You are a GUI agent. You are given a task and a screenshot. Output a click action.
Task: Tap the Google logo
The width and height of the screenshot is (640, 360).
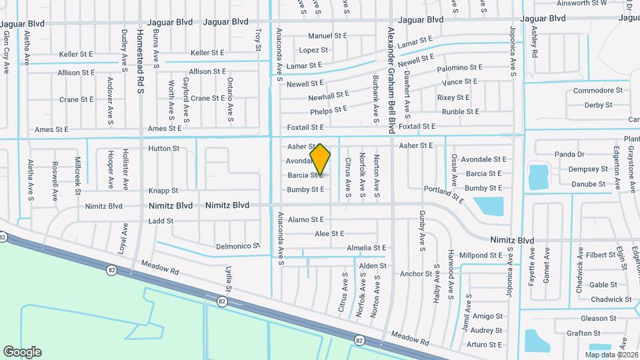tap(22, 351)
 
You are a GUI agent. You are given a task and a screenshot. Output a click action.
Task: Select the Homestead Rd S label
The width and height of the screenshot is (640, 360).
tap(140, 61)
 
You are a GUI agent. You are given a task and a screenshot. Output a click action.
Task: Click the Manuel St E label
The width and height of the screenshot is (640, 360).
tap(327, 35)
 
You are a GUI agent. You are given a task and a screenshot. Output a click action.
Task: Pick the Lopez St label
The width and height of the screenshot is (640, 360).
tap(313, 50)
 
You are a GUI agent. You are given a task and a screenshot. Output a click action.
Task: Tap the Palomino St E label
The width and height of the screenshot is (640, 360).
tap(459, 68)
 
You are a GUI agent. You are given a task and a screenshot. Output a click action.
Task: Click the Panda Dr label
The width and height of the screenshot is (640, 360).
tap(569, 154)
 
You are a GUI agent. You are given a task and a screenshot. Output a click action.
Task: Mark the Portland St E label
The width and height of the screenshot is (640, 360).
tap(443, 194)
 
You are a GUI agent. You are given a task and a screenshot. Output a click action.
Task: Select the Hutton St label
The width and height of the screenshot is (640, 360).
tap(164, 149)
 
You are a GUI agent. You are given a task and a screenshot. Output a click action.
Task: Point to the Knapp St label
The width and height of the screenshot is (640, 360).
tap(163, 191)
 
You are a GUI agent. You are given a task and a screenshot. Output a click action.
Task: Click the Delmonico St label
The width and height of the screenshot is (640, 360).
tap(237, 247)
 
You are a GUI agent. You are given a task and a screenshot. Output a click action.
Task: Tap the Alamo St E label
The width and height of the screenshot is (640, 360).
tap(306, 219)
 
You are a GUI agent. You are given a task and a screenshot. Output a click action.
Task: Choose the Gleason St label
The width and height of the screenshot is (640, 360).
tap(598, 319)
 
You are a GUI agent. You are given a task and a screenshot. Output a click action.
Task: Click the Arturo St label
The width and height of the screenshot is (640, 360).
tap(485, 345)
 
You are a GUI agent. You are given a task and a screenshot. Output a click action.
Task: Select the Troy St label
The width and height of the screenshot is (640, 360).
tap(257, 39)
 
